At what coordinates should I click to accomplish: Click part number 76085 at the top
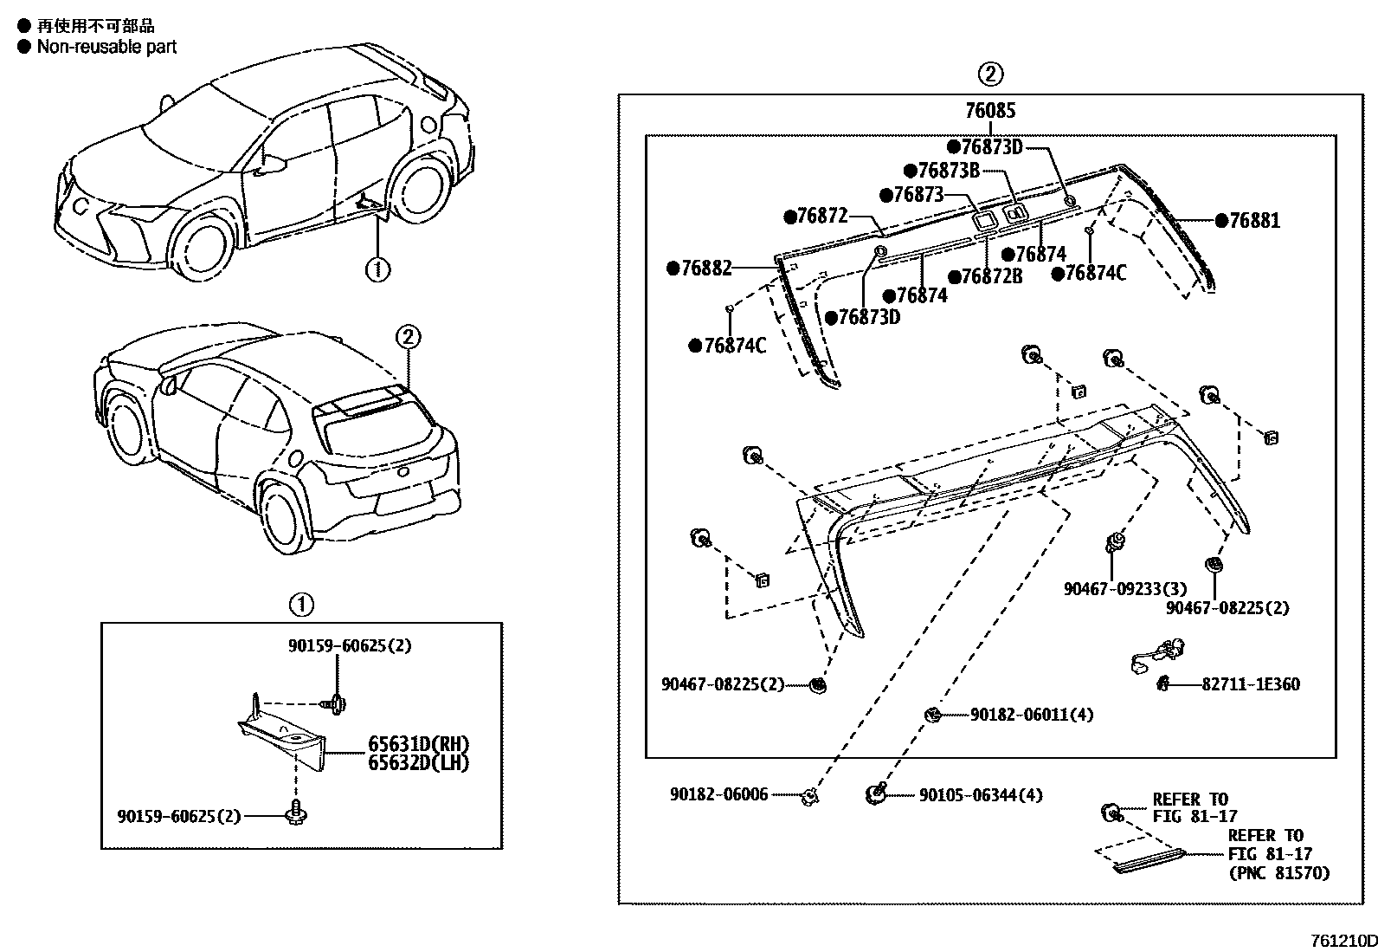pyautogui.click(x=991, y=111)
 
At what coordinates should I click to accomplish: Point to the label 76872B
pyautogui.click(x=986, y=277)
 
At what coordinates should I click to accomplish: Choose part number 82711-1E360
pyautogui.click(x=1250, y=684)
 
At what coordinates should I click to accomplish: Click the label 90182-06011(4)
pyautogui.click(x=1032, y=715)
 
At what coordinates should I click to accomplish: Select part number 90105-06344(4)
pyautogui.click(x=981, y=794)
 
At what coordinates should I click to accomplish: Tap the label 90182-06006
pyautogui.click(x=718, y=794)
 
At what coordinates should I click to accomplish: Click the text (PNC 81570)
pyautogui.click(x=1278, y=873)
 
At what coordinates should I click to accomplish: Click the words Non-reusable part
pyautogui.click(x=106, y=47)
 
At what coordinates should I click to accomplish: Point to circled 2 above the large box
pyautogui.click(x=991, y=74)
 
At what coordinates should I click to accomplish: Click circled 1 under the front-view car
pyautogui.click(x=377, y=269)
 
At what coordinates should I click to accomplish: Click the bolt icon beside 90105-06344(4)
pyautogui.click(x=877, y=793)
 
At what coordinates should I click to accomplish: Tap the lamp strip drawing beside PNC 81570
pyautogui.click(x=1148, y=859)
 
